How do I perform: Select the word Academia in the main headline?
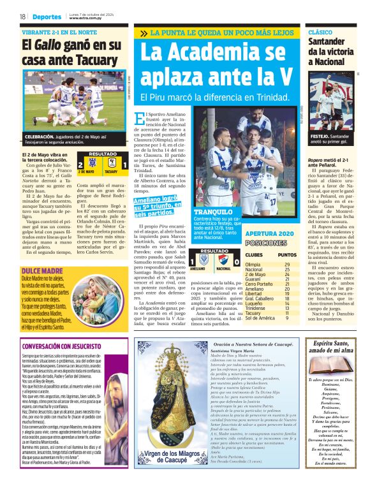pos(226,52)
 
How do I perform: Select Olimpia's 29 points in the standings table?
pos(287,265)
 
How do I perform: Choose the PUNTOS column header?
pos(286,255)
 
